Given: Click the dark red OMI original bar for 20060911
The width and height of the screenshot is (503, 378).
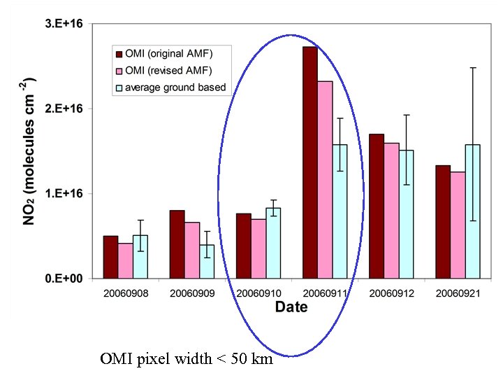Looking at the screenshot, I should (309, 162).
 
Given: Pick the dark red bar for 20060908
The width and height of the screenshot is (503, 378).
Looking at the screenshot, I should (110, 257).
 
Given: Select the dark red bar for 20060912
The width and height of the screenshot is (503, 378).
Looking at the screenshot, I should (376, 206).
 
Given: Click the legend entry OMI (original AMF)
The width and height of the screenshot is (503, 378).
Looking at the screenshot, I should (168, 54).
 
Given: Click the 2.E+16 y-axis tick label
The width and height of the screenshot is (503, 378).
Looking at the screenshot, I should (64, 109).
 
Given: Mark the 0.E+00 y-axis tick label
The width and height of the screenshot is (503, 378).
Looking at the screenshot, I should (64, 279).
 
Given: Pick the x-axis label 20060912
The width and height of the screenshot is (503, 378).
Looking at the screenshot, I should (391, 293).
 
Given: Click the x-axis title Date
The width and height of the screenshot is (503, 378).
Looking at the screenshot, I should (291, 307).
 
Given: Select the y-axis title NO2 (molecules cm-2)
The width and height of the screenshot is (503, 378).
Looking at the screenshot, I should (31, 150).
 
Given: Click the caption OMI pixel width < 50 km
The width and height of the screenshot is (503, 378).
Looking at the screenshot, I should (187, 360).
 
